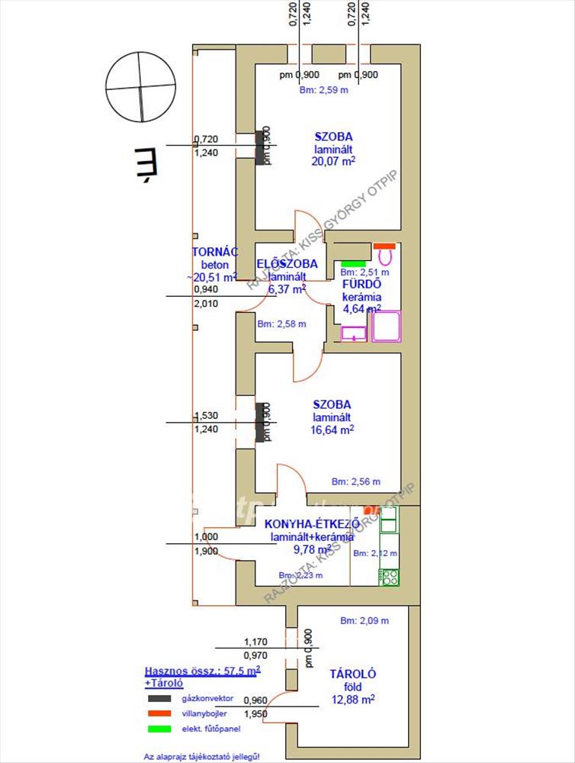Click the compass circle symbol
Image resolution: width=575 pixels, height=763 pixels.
tap(141, 86)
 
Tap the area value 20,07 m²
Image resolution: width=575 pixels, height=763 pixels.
tap(334, 161)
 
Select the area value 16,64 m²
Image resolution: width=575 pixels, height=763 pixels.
tap(332, 430)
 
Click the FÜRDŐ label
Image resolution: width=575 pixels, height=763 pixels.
tap(361, 285)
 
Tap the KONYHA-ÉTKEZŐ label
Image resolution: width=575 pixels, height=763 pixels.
tap(313, 524)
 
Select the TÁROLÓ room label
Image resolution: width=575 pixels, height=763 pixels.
tap(352, 674)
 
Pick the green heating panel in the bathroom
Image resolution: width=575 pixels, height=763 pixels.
tap(353, 263)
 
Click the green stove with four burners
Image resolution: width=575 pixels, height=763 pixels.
tap(389, 577)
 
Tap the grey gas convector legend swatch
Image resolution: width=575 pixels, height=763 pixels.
tap(159, 698)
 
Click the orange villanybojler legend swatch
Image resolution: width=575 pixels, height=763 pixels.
tap(159, 713)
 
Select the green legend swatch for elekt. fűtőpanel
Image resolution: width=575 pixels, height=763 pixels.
tap(159, 729)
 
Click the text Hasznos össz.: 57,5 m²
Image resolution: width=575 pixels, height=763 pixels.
tap(202, 670)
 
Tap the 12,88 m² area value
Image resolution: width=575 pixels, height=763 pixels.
tap(352, 699)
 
